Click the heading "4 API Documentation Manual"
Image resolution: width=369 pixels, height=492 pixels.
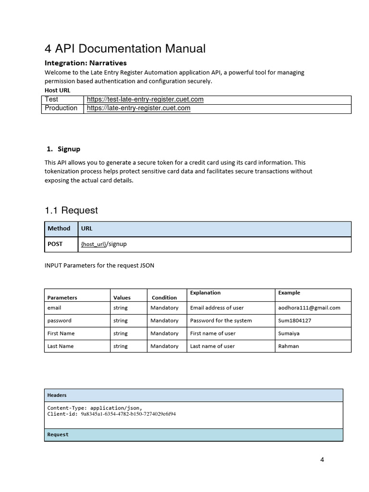pyautogui.click(x=125, y=49)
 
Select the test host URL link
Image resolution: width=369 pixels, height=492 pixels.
pyautogui.click(x=145, y=99)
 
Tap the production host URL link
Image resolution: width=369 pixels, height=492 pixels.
pyautogui.click(x=138, y=108)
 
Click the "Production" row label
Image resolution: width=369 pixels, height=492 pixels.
pyautogui.click(x=61, y=108)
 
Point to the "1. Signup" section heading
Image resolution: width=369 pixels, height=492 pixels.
pyautogui.click(x=63, y=149)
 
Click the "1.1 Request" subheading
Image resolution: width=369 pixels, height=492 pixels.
pyautogui.click(x=71, y=210)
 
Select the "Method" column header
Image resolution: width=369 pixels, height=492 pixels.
pyautogui.click(x=59, y=229)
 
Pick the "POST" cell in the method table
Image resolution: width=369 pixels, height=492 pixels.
pyautogui.click(x=55, y=244)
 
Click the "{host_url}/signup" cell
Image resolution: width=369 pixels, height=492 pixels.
pyautogui.click(x=104, y=244)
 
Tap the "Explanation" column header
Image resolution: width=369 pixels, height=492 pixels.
pyautogui.click(x=205, y=293)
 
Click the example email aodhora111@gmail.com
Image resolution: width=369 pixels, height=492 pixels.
pyautogui.click(x=309, y=307)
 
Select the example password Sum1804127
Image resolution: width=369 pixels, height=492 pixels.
pyautogui.click(x=295, y=320)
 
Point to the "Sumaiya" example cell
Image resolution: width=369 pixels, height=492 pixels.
pyautogui.click(x=288, y=333)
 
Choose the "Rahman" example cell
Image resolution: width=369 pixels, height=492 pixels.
pyautogui.click(x=288, y=346)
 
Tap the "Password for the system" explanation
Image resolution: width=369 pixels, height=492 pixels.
pyautogui.click(x=221, y=320)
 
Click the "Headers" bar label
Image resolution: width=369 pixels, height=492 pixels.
pyautogui.click(x=57, y=395)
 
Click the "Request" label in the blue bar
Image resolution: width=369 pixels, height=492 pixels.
pyautogui.click(x=58, y=435)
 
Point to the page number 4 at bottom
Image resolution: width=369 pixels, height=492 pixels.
pyautogui.click(x=322, y=460)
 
